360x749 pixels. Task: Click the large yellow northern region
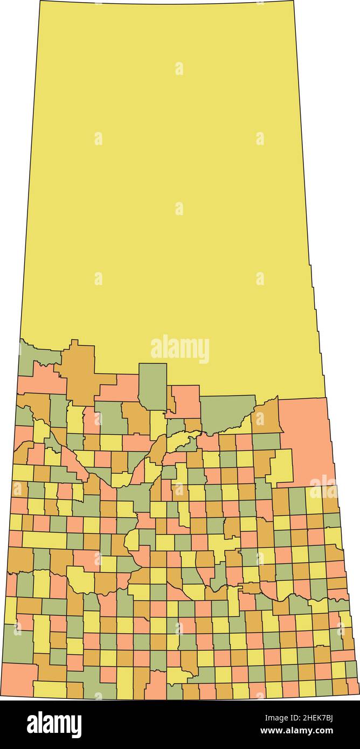(172, 189)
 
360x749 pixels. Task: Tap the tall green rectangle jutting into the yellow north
(153, 385)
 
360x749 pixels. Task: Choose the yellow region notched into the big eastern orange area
(282, 467)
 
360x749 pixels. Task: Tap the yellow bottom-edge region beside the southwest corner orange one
(50, 689)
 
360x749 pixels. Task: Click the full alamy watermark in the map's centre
(180, 349)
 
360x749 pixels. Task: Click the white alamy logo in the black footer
(54, 724)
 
